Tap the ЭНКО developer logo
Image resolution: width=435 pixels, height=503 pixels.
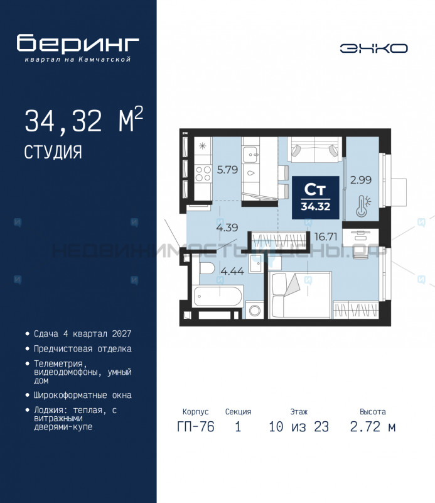click(x=374, y=48)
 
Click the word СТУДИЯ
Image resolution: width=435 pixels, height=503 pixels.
click(x=53, y=152)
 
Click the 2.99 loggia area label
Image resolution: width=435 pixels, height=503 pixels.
click(x=361, y=180)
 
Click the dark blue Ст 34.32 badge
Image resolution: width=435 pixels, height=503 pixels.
click(x=316, y=196)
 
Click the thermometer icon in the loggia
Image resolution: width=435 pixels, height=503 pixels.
click(x=361, y=206)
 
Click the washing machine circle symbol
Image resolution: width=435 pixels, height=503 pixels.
click(x=254, y=310)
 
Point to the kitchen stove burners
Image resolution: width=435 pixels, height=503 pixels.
click(x=203, y=171)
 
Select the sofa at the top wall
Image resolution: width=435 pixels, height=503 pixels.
click(x=314, y=151)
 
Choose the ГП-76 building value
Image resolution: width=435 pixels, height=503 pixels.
click(x=195, y=428)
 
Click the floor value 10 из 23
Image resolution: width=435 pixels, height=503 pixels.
click(x=298, y=428)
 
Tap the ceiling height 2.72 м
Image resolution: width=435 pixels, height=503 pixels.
click(x=372, y=428)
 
